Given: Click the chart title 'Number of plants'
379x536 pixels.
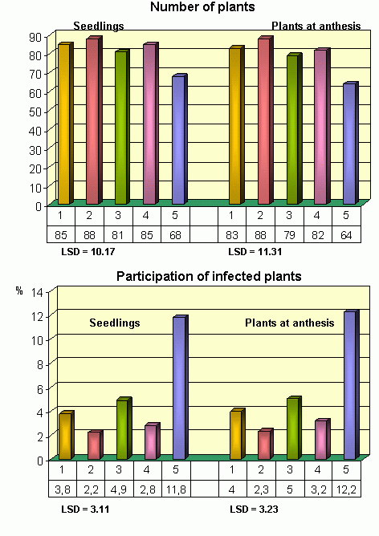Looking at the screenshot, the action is coord(202,7).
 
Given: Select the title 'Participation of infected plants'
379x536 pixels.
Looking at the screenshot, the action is coord(209,276).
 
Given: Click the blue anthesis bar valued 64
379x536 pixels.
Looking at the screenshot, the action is coord(351,143).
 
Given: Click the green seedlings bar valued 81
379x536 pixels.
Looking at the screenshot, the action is coord(122,127).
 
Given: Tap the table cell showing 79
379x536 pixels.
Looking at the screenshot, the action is coord(289,234).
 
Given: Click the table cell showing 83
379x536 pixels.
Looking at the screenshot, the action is coord(232,234).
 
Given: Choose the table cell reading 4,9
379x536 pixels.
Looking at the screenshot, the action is coord(119,489).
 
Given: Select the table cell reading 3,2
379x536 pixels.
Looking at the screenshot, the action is coord(318,489).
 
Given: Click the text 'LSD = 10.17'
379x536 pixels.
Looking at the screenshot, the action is coord(88,252).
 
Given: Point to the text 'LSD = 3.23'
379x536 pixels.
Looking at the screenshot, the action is coord(254,510).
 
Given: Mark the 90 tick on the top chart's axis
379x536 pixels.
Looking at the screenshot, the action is coord(35,37).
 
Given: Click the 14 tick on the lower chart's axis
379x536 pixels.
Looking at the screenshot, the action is coord(38,292).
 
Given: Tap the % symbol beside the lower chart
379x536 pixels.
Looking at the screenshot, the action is coord(19,290).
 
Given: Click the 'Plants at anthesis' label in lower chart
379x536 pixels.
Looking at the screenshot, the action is coord(289,323).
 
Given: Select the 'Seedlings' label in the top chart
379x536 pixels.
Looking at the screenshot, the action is coord(99,26).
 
